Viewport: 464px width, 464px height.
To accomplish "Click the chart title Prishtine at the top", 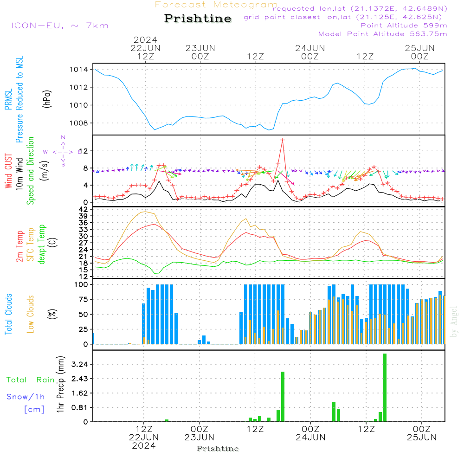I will click(x=198, y=19).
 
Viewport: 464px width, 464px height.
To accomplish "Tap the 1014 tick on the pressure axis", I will click(x=79, y=70).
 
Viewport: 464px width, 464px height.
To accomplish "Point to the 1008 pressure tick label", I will click(x=79, y=123).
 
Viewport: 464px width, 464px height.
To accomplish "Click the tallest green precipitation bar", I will click(x=385, y=387).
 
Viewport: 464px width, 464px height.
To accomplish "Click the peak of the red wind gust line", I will click(x=282, y=140).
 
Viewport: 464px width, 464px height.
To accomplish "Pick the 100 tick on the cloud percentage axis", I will click(x=82, y=284).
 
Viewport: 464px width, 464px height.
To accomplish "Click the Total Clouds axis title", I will click(x=8, y=314).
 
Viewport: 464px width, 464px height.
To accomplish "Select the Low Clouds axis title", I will click(x=31, y=314).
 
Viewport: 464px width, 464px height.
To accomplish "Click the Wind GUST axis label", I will click(x=8, y=172).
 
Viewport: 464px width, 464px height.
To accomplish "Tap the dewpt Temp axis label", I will click(x=42, y=245).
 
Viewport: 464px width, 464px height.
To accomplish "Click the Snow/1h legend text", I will click(x=26, y=397).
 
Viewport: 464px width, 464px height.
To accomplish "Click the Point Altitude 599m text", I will click(x=404, y=26).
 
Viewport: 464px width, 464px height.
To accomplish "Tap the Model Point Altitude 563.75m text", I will click(x=383, y=34).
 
